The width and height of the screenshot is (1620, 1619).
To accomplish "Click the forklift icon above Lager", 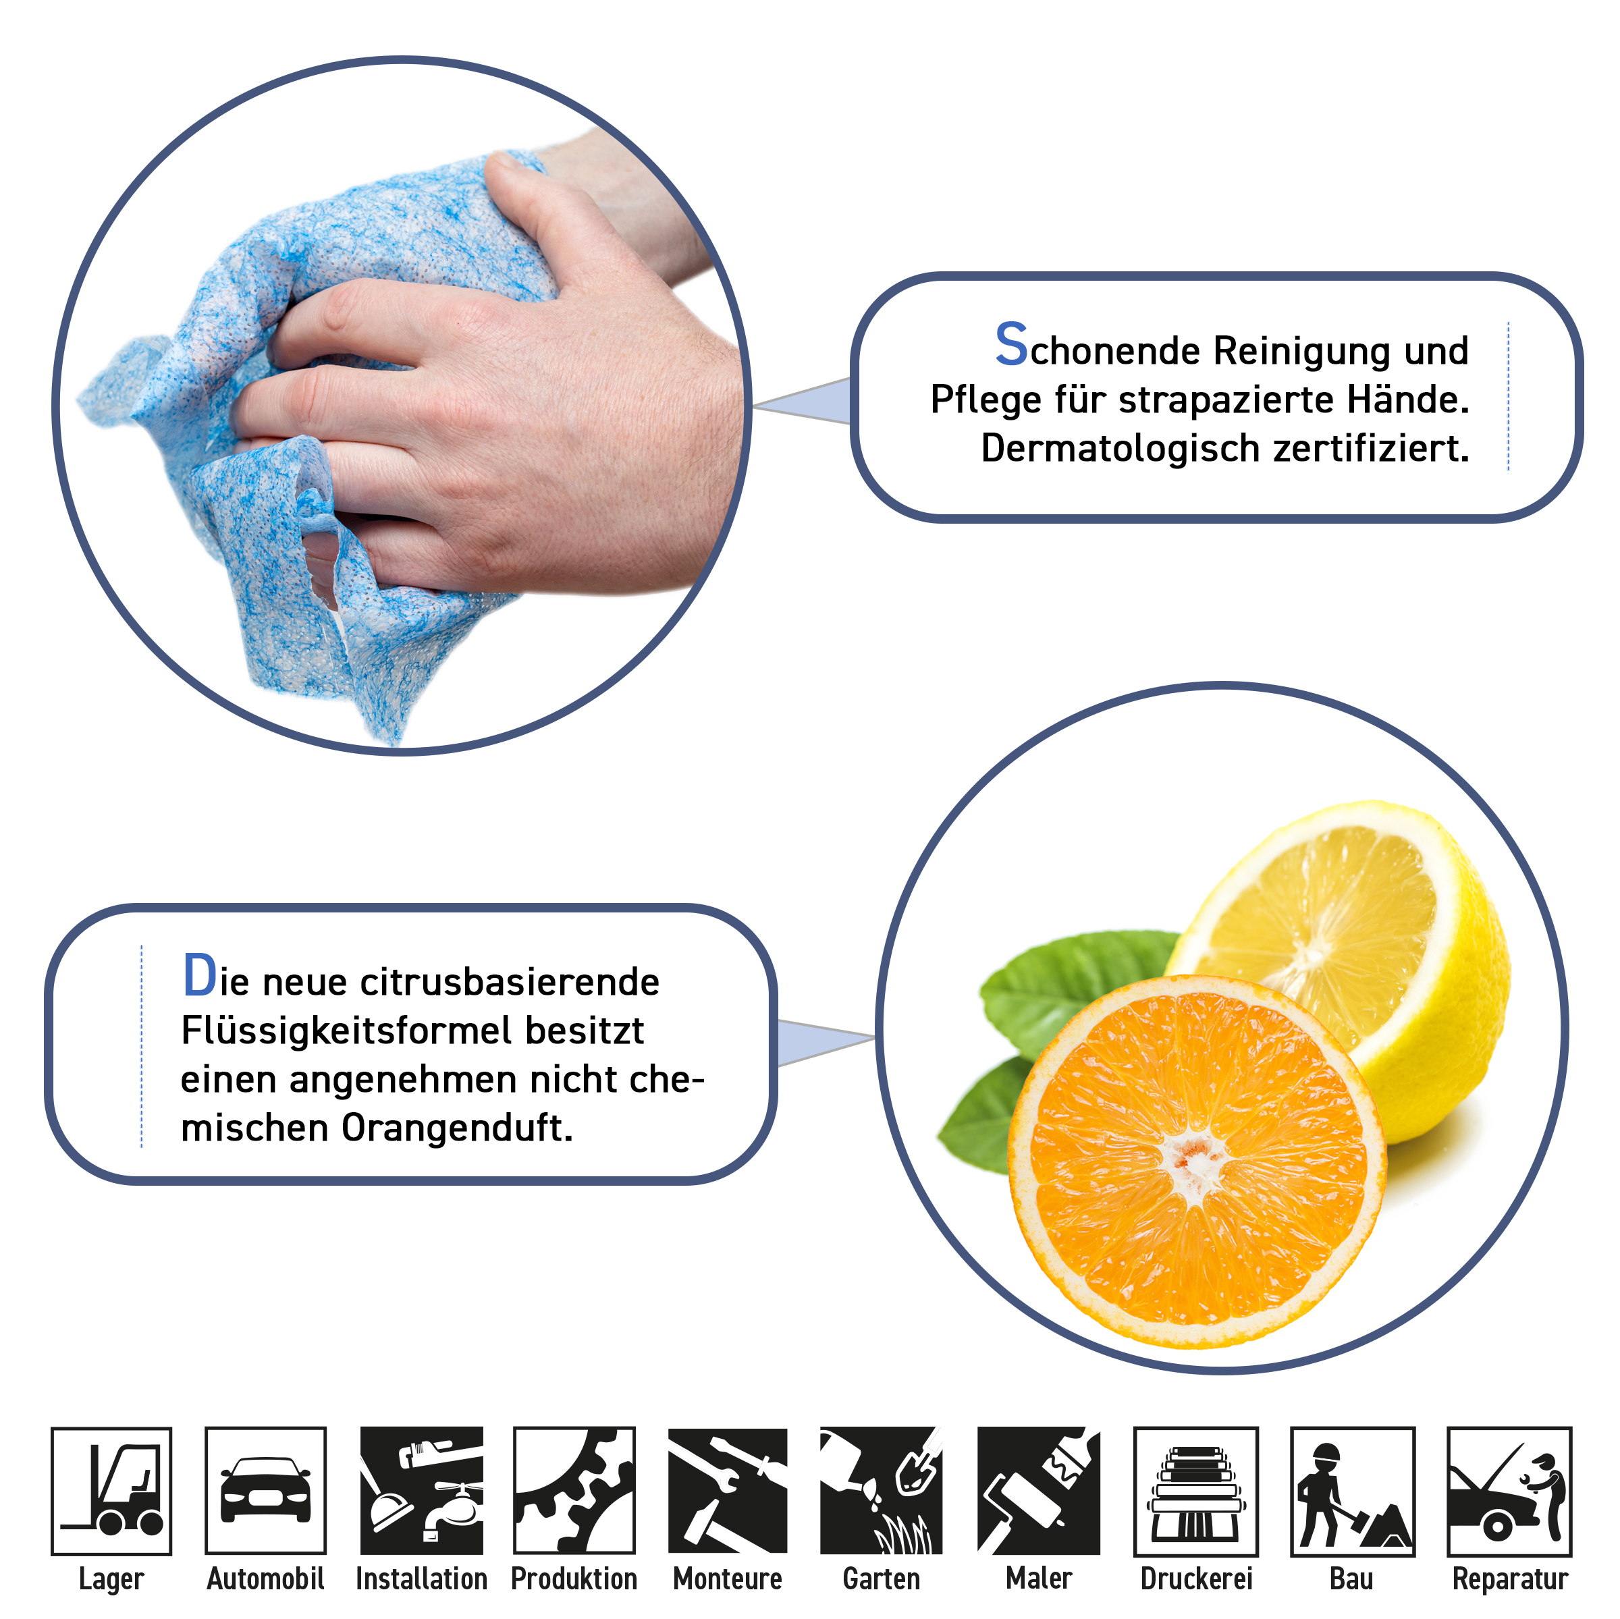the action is [111, 1491].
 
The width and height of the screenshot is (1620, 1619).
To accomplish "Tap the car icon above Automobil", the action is [266, 1490].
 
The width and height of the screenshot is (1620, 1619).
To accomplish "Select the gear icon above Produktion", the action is [574, 1490].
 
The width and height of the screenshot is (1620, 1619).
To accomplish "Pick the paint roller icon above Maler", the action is [1039, 1490].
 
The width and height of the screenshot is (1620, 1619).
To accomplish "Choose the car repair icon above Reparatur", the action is [1509, 1491].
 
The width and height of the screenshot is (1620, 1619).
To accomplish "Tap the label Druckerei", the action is [1197, 1579].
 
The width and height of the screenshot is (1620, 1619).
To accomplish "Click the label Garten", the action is [882, 1579].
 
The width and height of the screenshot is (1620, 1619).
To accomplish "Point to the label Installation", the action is [422, 1579].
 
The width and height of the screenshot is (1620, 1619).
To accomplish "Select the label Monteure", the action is [728, 1579].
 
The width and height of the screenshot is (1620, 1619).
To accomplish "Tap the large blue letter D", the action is [200, 975].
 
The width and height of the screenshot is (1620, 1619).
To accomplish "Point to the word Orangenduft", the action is [457, 1128].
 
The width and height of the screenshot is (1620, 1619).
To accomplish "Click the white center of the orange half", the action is [1194, 1161].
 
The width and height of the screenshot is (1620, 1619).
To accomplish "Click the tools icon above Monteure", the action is [728, 1490].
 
